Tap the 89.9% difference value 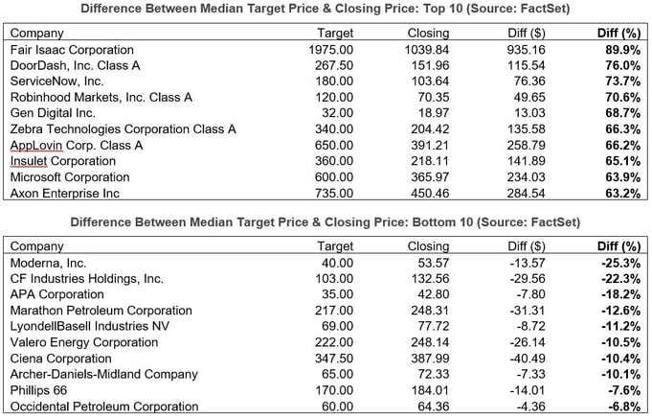click(x=620, y=48)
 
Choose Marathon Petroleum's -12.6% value click(x=618, y=311)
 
